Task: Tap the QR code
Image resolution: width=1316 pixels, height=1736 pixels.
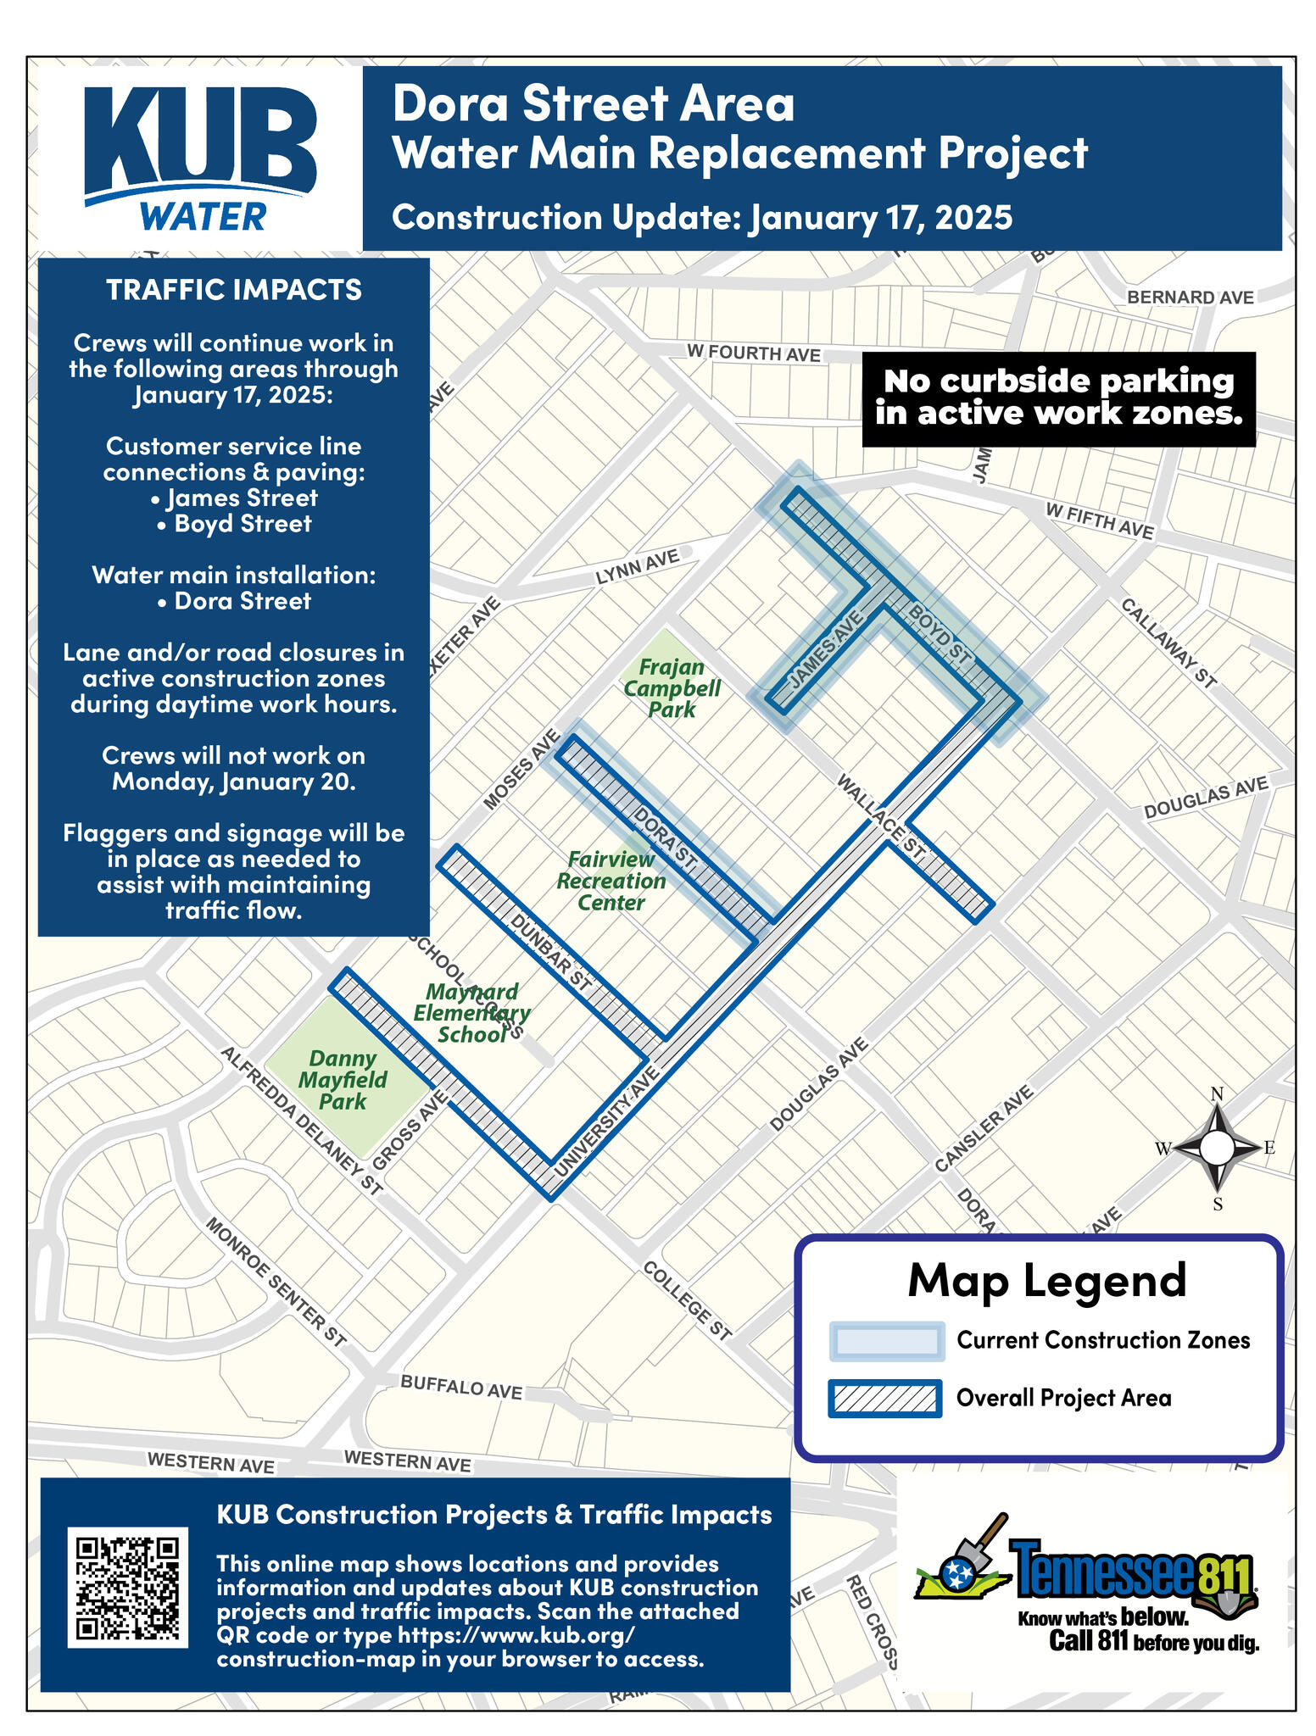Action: coord(127,1587)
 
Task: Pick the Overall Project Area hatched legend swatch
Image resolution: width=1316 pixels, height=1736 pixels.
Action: coord(885,1398)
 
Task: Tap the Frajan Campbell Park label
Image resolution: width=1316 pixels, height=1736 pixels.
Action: coord(672,688)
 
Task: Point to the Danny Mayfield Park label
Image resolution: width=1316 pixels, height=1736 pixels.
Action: coord(343,1080)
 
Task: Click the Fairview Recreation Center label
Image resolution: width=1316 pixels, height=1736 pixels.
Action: coord(611,881)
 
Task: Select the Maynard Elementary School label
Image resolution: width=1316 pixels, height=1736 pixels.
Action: coord(471,1013)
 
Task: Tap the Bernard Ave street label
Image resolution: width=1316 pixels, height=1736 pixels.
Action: coord(1190,298)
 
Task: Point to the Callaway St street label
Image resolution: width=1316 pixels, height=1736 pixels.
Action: coord(1169,643)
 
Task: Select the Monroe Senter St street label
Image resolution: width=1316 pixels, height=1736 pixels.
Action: coord(276,1283)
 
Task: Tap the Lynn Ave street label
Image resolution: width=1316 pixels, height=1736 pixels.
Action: coord(638,567)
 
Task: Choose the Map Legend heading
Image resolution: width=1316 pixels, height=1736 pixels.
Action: coord(1046,1281)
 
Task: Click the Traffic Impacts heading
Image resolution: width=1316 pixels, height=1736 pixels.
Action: coord(234,290)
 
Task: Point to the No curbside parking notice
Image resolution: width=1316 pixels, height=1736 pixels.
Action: coord(1058,398)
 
